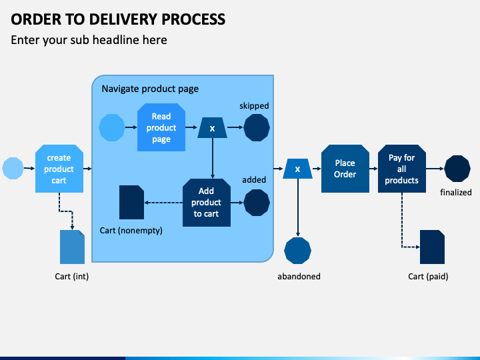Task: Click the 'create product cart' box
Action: (x=59, y=169)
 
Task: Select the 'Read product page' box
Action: (x=161, y=127)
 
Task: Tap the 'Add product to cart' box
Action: (x=206, y=203)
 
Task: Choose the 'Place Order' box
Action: (x=345, y=169)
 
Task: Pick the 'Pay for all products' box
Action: (x=401, y=169)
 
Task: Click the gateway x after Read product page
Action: (x=212, y=127)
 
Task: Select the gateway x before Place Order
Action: (x=297, y=169)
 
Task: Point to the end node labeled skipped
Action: (x=257, y=127)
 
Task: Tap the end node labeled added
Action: (x=257, y=203)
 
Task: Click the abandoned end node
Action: (x=297, y=251)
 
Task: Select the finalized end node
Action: (x=457, y=169)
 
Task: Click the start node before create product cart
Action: (x=13, y=169)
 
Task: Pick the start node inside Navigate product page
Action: (x=112, y=127)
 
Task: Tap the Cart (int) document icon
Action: (x=72, y=247)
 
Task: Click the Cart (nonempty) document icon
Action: (x=131, y=203)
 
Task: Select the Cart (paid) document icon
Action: (x=432, y=247)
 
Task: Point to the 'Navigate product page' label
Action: (x=150, y=89)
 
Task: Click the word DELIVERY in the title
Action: (x=123, y=19)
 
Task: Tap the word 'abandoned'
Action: (x=299, y=277)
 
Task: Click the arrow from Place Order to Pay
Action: (x=373, y=169)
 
